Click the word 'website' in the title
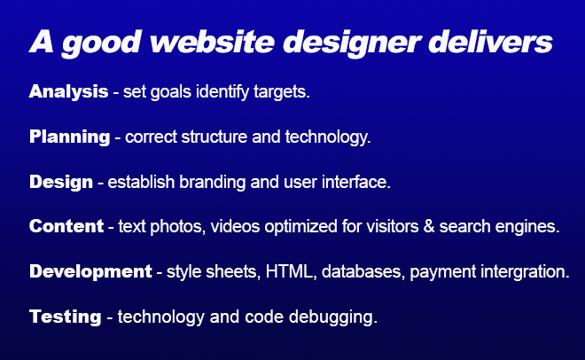tap(213, 42)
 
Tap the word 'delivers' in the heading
tap(491, 42)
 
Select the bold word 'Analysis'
tap(68, 91)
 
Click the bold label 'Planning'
tap(70, 137)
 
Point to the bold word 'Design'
tap(61, 182)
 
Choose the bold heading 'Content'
tap(66, 226)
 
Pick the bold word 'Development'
tap(90, 271)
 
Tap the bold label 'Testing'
tap(66, 317)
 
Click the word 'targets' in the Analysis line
tap(280, 91)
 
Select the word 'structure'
tap(214, 137)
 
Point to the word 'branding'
tap(213, 182)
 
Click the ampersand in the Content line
tap(429, 226)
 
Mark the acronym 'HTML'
tap(289, 271)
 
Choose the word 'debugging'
tap(331, 317)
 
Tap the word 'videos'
tap(235, 226)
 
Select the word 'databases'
tap(361, 271)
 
